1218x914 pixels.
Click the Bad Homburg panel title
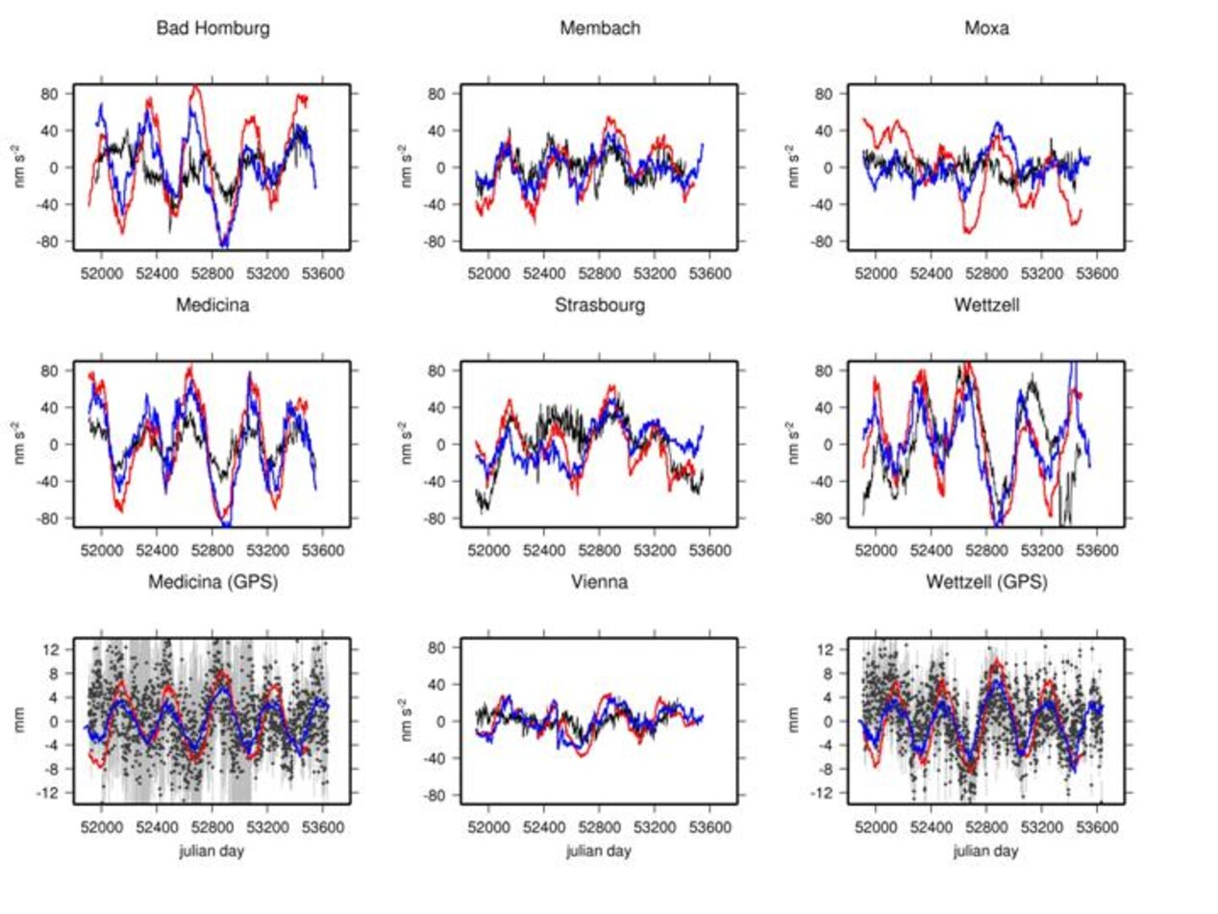(x=212, y=29)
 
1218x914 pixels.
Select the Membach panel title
(x=600, y=29)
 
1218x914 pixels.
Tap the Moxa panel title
(x=986, y=29)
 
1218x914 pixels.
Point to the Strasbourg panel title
(x=600, y=306)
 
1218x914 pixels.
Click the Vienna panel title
(x=600, y=582)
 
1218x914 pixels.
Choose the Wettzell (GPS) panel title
(x=986, y=582)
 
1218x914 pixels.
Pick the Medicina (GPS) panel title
(x=212, y=582)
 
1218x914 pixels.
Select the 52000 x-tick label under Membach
(x=489, y=273)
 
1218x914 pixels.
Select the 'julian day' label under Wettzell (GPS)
(x=986, y=851)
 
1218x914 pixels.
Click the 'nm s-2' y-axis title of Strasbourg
(x=405, y=444)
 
